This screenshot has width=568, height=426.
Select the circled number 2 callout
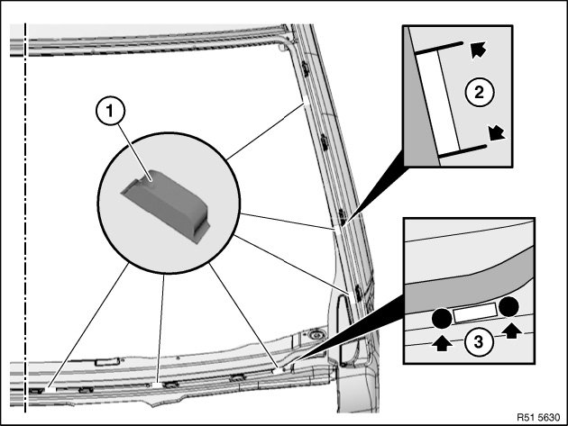click(x=481, y=90)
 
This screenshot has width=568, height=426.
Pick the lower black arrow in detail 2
click(x=495, y=134)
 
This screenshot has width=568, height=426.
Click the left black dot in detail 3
click(x=441, y=317)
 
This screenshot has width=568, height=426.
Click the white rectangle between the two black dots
click(x=475, y=313)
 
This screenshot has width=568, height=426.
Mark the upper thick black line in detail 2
click(x=439, y=46)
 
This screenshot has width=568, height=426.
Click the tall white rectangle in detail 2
click(x=441, y=99)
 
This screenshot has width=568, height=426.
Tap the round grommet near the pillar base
click(x=318, y=335)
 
